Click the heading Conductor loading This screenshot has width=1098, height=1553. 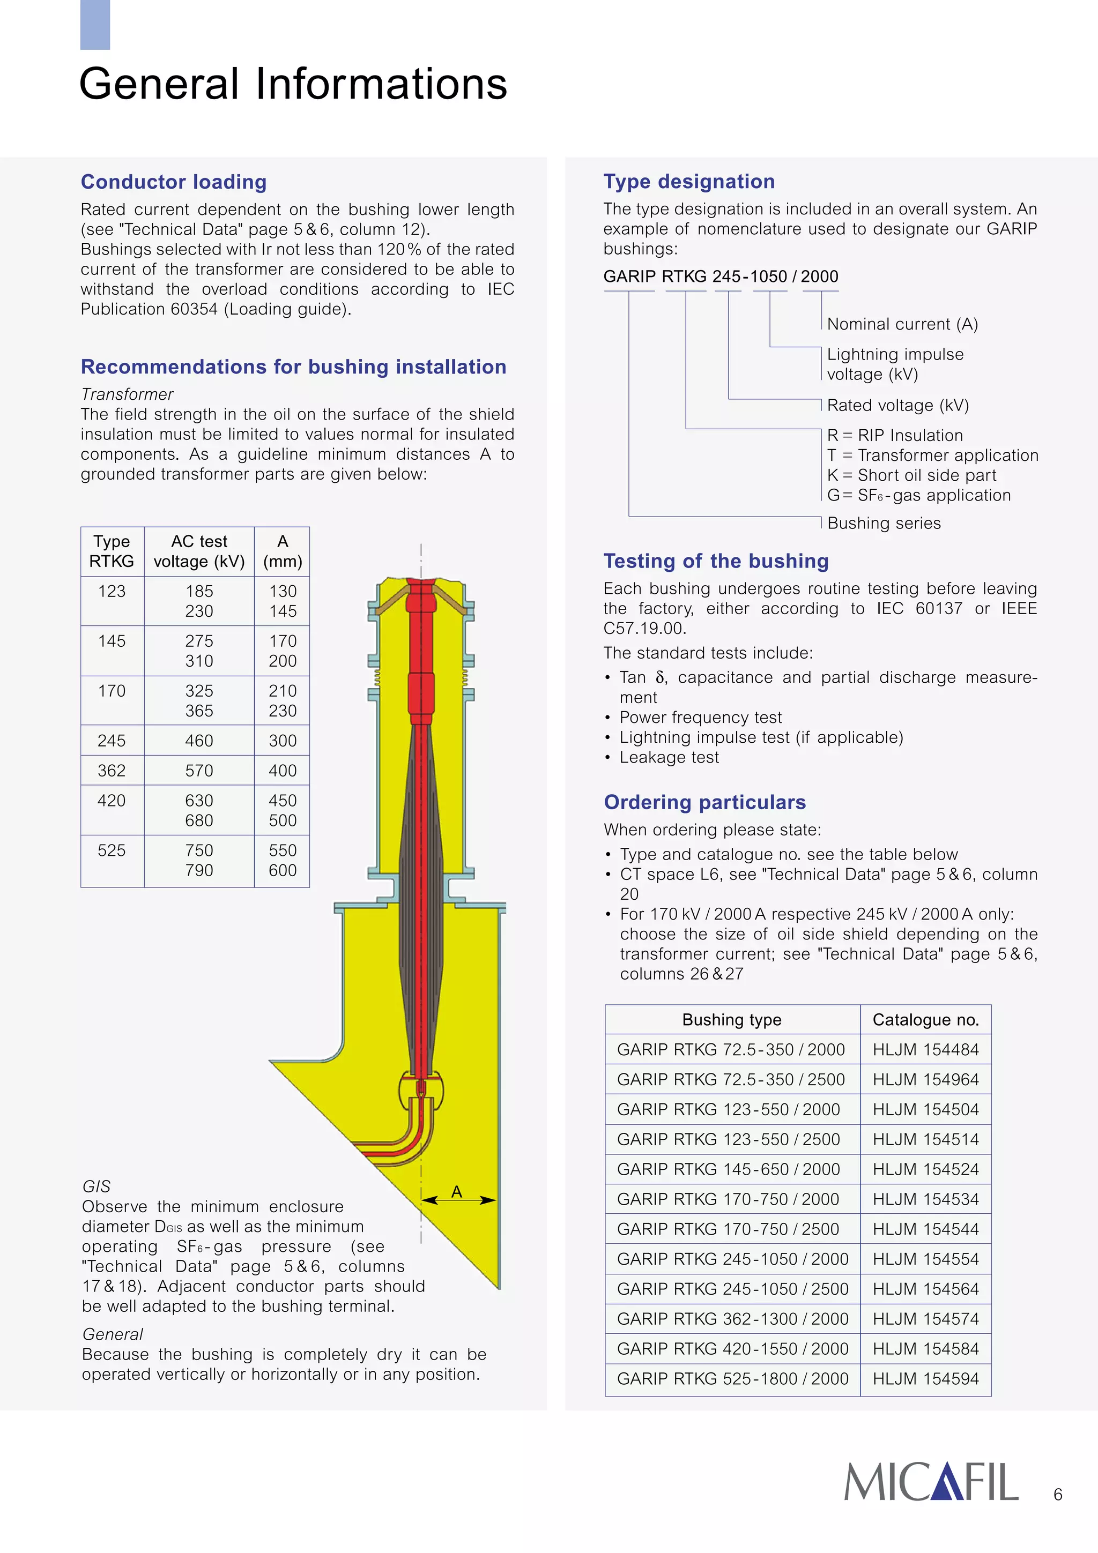(x=173, y=182)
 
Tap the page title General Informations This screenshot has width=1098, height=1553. (x=293, y=84)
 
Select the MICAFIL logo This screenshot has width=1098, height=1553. (x=930, y=1481)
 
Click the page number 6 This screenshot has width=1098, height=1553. (x=1057, y=1494)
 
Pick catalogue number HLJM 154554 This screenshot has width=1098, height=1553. (x=925, y=1259)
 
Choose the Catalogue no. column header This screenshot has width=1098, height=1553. (x=925, y=1019)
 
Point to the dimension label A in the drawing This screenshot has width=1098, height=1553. (x=457, y=1191)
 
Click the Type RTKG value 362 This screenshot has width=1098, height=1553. (x=112, y=771)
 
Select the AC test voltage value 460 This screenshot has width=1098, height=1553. (x=199, y=741)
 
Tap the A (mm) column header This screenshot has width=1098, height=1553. (x=282, y=551)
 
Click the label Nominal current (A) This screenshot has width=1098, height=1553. (x=902, y=324)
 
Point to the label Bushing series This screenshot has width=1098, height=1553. (x=884, y=523)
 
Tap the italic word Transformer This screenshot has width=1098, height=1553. (x=127, y=394)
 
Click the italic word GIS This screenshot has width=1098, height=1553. (x=96, y=1186)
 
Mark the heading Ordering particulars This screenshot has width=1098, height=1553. (x=704, y=802)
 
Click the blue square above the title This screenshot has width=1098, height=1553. (x=95, y=24)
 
